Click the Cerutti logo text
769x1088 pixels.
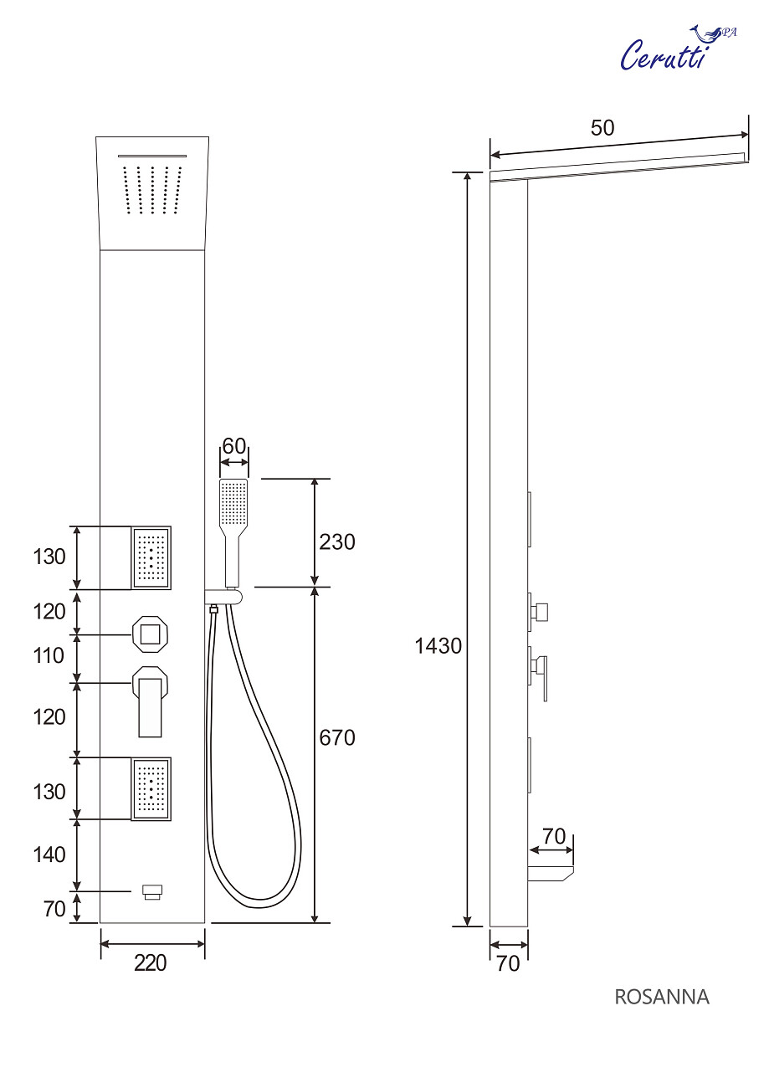pyautogui.click(x=664, y=55)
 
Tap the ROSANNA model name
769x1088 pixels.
pyautogui.click(x=662, y=997)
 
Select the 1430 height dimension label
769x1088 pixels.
pyautogui.click(x=438, y=646)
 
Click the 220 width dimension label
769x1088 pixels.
pyautogui.click(x=151, y=962)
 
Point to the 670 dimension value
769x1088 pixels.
pyautogui.click(x=337, y=737)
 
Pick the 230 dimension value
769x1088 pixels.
pyautogui.click(x=337, y=541)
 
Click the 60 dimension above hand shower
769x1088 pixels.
pyautogui.click(x=234, y=445)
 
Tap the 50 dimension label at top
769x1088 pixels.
pyautogui.click(x=602, y=128)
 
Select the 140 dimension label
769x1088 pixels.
pyautogui.click(x=49, y=854)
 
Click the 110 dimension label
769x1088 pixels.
pyautogui.click(x=49, y=655)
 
